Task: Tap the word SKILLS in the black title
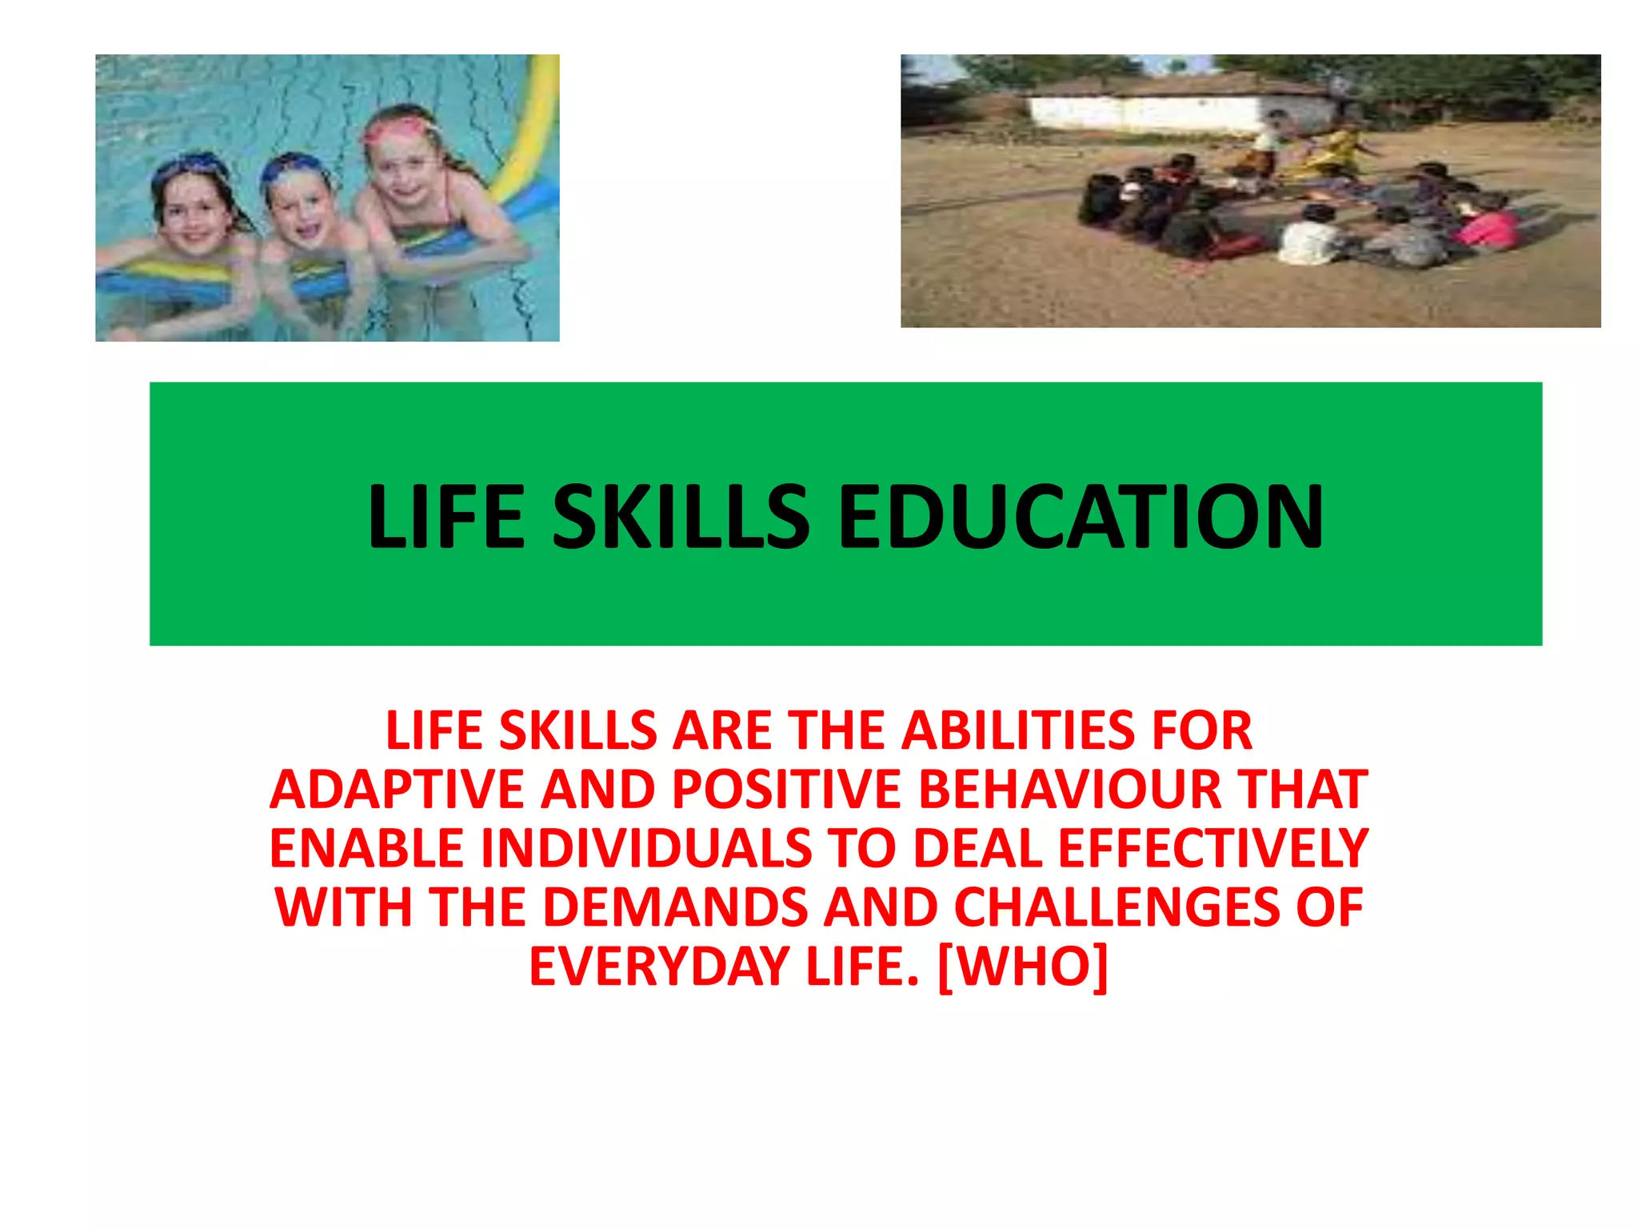[681, 517]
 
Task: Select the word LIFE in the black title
[445, 517]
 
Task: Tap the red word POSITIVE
[787, 790]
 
